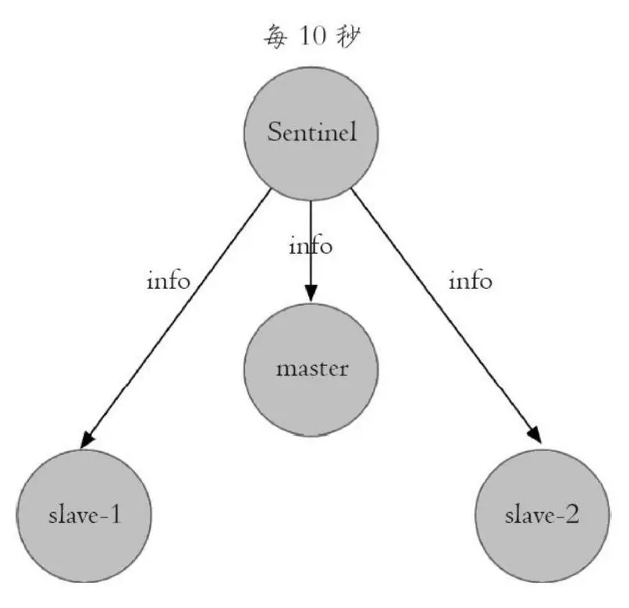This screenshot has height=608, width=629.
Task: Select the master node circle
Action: tap(311, 368)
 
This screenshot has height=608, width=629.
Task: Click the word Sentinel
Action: tap(311, 132)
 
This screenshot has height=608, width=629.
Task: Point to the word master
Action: tap(311, 368)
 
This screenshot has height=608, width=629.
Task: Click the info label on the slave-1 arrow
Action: tap(169, 280)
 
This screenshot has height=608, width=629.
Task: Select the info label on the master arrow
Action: tap(311, 247)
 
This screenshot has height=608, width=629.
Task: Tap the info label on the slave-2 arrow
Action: tap(470, 280)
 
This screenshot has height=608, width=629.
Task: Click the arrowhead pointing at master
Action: tap(311, 293)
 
